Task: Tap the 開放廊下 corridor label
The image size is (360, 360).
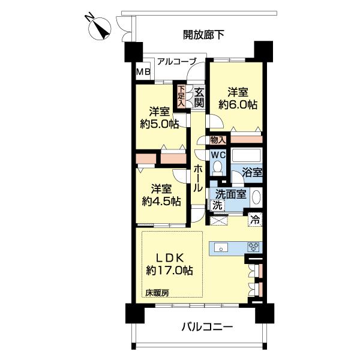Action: (x=204, y=35)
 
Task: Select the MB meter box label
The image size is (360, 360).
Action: (x=143, y=72)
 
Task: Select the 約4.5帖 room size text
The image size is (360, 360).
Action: (x=157, y=201)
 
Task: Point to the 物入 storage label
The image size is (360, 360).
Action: (x=217, y=140)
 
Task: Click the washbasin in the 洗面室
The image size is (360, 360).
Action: (x=256, y=197)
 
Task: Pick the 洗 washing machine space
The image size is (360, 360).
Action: (x=217, y=205)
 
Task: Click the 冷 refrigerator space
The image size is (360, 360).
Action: (x=255, y=220)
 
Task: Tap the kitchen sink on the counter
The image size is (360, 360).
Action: (x=220, y=247)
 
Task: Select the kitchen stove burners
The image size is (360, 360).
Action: (x=253, y=247)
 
